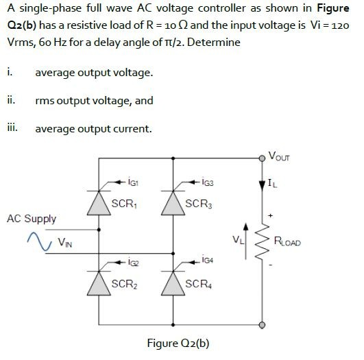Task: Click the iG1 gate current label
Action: click(x=134, y=183)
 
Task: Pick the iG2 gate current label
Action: click(x=134, y=262)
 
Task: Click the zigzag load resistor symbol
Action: click(x=262, y=241)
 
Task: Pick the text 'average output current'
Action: click(x=93, y=128)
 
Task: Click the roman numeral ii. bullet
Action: click(x=10, y=99)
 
